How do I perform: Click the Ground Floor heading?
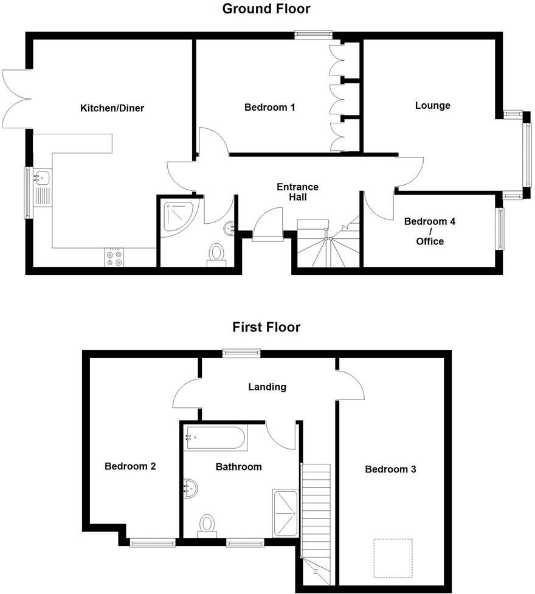266,9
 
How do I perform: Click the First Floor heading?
266,327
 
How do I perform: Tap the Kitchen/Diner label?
112,108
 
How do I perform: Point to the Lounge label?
432,105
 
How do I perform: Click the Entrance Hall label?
297,192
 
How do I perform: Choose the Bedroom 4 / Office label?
430,231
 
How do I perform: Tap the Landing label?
267,387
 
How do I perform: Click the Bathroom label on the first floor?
238,467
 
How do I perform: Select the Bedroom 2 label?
130,466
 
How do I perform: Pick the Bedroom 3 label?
390,469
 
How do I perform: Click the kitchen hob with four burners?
114,258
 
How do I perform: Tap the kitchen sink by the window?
42,178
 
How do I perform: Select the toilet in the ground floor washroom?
216,254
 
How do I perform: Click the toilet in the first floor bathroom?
207,525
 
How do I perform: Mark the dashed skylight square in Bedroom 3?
392,558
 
